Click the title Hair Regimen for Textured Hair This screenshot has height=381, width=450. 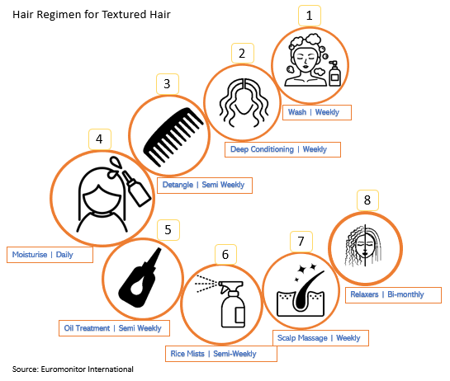[x=92, y=14]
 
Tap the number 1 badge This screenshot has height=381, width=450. [x=310, y=16]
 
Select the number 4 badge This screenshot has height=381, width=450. [x=99, y=139]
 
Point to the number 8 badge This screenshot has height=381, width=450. [x=367, y=200]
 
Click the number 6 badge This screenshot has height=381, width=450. [x=225, y=255]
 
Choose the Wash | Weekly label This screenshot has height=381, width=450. [x=317, y=112]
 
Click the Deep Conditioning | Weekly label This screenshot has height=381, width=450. [x=282, y=149]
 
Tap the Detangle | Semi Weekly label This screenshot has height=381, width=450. [x=205, y=186]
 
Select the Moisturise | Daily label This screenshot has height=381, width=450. [x=50, y=255]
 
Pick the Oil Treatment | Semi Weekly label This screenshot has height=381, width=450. [x=114, y=328]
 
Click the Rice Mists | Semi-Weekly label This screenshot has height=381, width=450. [x=221, y=354]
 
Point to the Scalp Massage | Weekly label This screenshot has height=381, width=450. [x=320, y=338]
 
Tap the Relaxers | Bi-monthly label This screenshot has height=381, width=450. [x=393, y=294]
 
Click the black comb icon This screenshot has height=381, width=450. [x=173, y=137]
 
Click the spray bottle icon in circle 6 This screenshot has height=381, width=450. [x=221, y=302]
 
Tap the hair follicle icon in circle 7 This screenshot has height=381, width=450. [x=301, y=290]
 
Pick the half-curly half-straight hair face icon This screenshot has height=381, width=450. [x=364, y=246]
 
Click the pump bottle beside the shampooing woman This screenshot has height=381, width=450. [x=334, y=73]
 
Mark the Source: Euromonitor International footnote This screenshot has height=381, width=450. [x=73, y=369]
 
